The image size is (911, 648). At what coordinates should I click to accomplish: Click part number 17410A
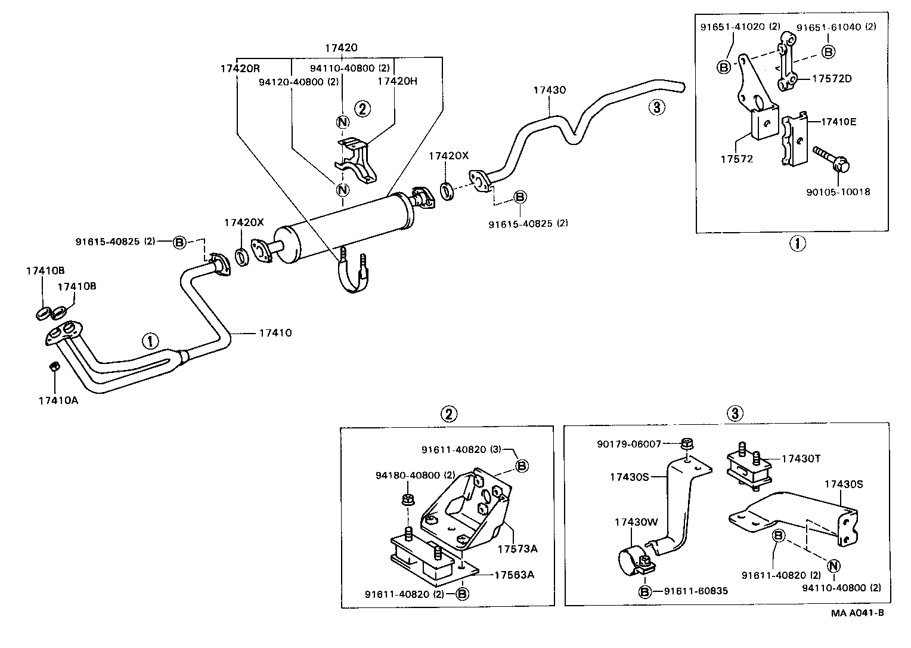[58, 400]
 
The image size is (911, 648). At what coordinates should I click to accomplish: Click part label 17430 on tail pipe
[549, 90]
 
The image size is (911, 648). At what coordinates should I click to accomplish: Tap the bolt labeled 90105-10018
[832, 159]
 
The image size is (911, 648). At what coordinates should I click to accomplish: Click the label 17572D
[832, 78]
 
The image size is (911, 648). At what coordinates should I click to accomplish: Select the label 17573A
[517, 548]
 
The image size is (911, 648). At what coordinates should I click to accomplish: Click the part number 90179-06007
[629, 444]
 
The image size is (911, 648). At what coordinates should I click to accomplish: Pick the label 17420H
[398, 81]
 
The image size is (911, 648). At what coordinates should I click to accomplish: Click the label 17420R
[238, 68]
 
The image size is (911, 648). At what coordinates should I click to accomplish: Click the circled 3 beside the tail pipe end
[656, 107]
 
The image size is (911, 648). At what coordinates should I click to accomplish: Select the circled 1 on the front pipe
[150, 341]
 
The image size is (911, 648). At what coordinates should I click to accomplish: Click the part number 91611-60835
[696, 591]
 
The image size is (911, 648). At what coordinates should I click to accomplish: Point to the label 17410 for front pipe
[275, 332]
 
